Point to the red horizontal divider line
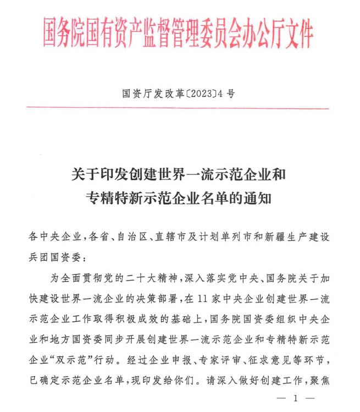tap(179, 108)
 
